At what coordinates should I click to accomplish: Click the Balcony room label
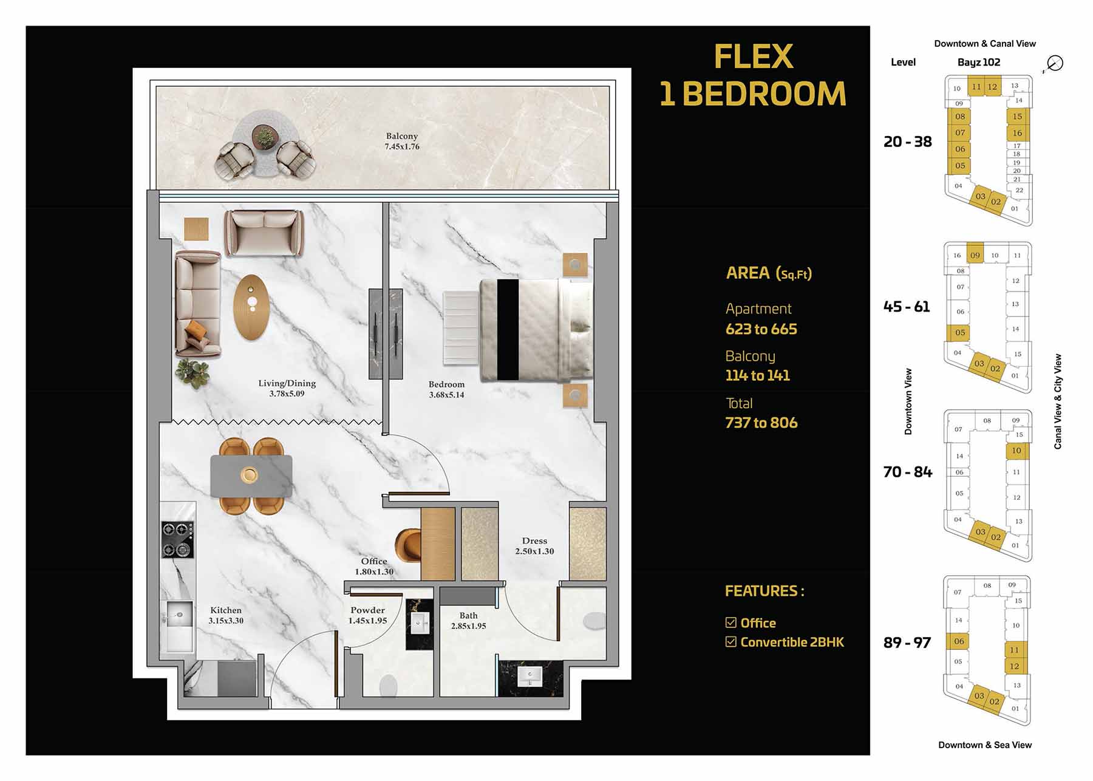(401, 136)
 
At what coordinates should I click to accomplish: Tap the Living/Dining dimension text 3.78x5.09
(287, 394)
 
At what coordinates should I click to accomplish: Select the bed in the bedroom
(534, 330)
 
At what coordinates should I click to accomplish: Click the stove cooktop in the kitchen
(177, 540)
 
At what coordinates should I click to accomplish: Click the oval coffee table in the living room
(251, 307)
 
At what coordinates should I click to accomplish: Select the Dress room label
(534, 541)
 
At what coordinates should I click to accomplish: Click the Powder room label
(367, 610)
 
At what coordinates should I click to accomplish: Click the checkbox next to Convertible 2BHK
(731, 642)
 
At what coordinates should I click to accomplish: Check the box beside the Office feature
(731, 622)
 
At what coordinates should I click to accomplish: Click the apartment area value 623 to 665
(761, 329)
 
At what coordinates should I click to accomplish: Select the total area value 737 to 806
(761, 423)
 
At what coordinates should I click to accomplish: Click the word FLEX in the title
(753, 56)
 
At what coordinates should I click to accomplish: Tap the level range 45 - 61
(907, 307)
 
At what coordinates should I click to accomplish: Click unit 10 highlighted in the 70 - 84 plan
(1016, 451)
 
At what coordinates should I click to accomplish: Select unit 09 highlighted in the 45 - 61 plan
(975, 255)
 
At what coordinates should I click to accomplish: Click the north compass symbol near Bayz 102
(1055, 63)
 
